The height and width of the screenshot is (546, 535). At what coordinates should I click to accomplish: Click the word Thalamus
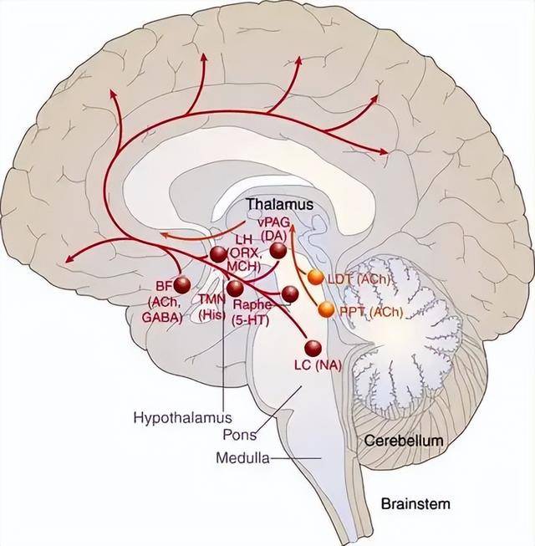(279, 204)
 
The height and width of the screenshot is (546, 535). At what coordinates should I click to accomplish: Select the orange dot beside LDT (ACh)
(315, 277)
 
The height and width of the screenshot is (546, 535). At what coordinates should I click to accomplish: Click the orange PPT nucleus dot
(325, 310)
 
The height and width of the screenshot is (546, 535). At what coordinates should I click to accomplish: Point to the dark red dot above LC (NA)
(313, 349)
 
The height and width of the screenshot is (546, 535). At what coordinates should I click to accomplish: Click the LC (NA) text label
(318, 366)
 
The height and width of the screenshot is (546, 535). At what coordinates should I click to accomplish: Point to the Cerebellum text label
(403, 440)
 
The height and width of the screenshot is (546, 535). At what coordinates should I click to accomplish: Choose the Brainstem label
(415, 503)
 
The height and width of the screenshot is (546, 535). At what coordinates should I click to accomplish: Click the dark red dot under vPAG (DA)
(278, 248)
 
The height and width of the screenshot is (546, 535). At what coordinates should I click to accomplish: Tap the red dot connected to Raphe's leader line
(289, 293)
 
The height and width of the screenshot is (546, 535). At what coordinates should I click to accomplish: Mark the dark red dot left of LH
(218, 253)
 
